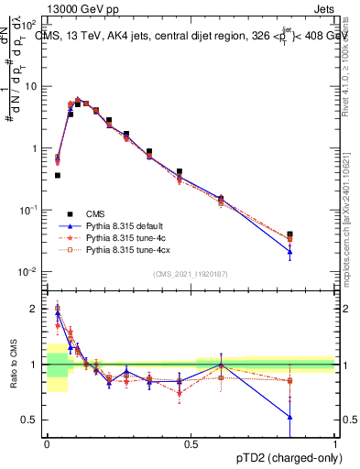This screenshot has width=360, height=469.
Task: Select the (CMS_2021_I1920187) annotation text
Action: point(191,274)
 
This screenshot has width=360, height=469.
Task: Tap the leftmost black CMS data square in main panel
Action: point(58,175)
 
